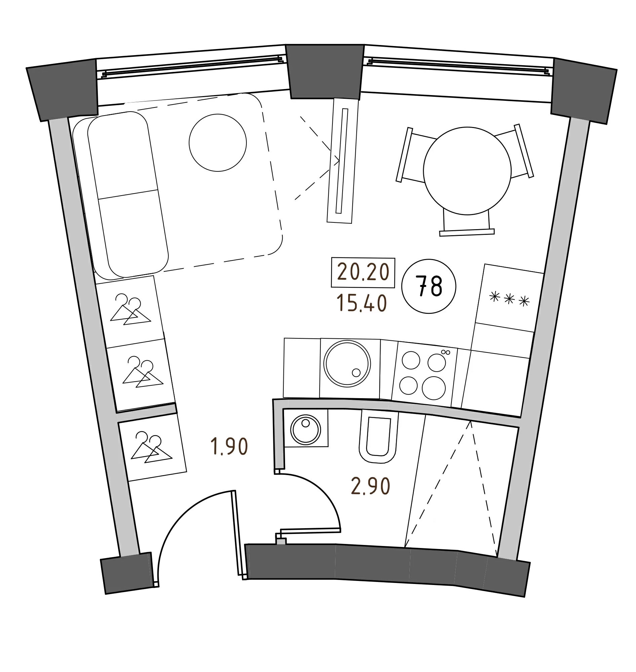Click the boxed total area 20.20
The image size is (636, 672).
point(363,273)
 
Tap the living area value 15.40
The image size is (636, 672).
point(362,304)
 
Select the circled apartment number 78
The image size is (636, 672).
point(429,287)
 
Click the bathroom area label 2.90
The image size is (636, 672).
point(370,487)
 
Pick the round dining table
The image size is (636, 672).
point(467,170)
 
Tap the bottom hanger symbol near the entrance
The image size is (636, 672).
point(151,446)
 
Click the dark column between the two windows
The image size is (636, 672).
point(324,72)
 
